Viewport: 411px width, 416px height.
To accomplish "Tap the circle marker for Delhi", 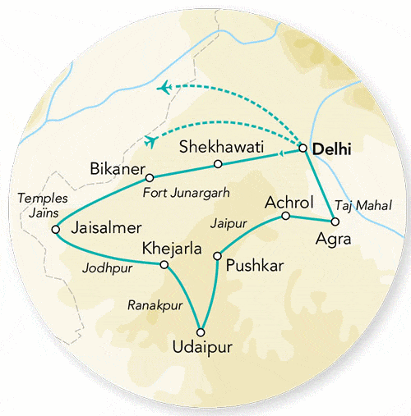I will tap(303, 149).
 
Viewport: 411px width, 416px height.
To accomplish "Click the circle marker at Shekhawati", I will tap(218, 164).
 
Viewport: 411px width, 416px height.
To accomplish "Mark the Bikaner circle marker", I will tap(150, 177).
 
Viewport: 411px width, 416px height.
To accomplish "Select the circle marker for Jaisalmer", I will tap(56, 231).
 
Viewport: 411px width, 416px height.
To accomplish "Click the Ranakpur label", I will tap(155, 304).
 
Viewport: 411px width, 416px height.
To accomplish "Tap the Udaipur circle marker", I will tap(201, 332).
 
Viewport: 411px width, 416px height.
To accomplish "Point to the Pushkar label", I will tap(252, 265).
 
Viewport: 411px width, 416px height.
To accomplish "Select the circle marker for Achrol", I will tap(285, 216).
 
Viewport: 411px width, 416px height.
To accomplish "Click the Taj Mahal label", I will tap(363, 205).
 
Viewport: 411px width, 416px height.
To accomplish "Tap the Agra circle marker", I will tap(333, 222).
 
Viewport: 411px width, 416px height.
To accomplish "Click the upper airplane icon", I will tap(166, 87).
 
